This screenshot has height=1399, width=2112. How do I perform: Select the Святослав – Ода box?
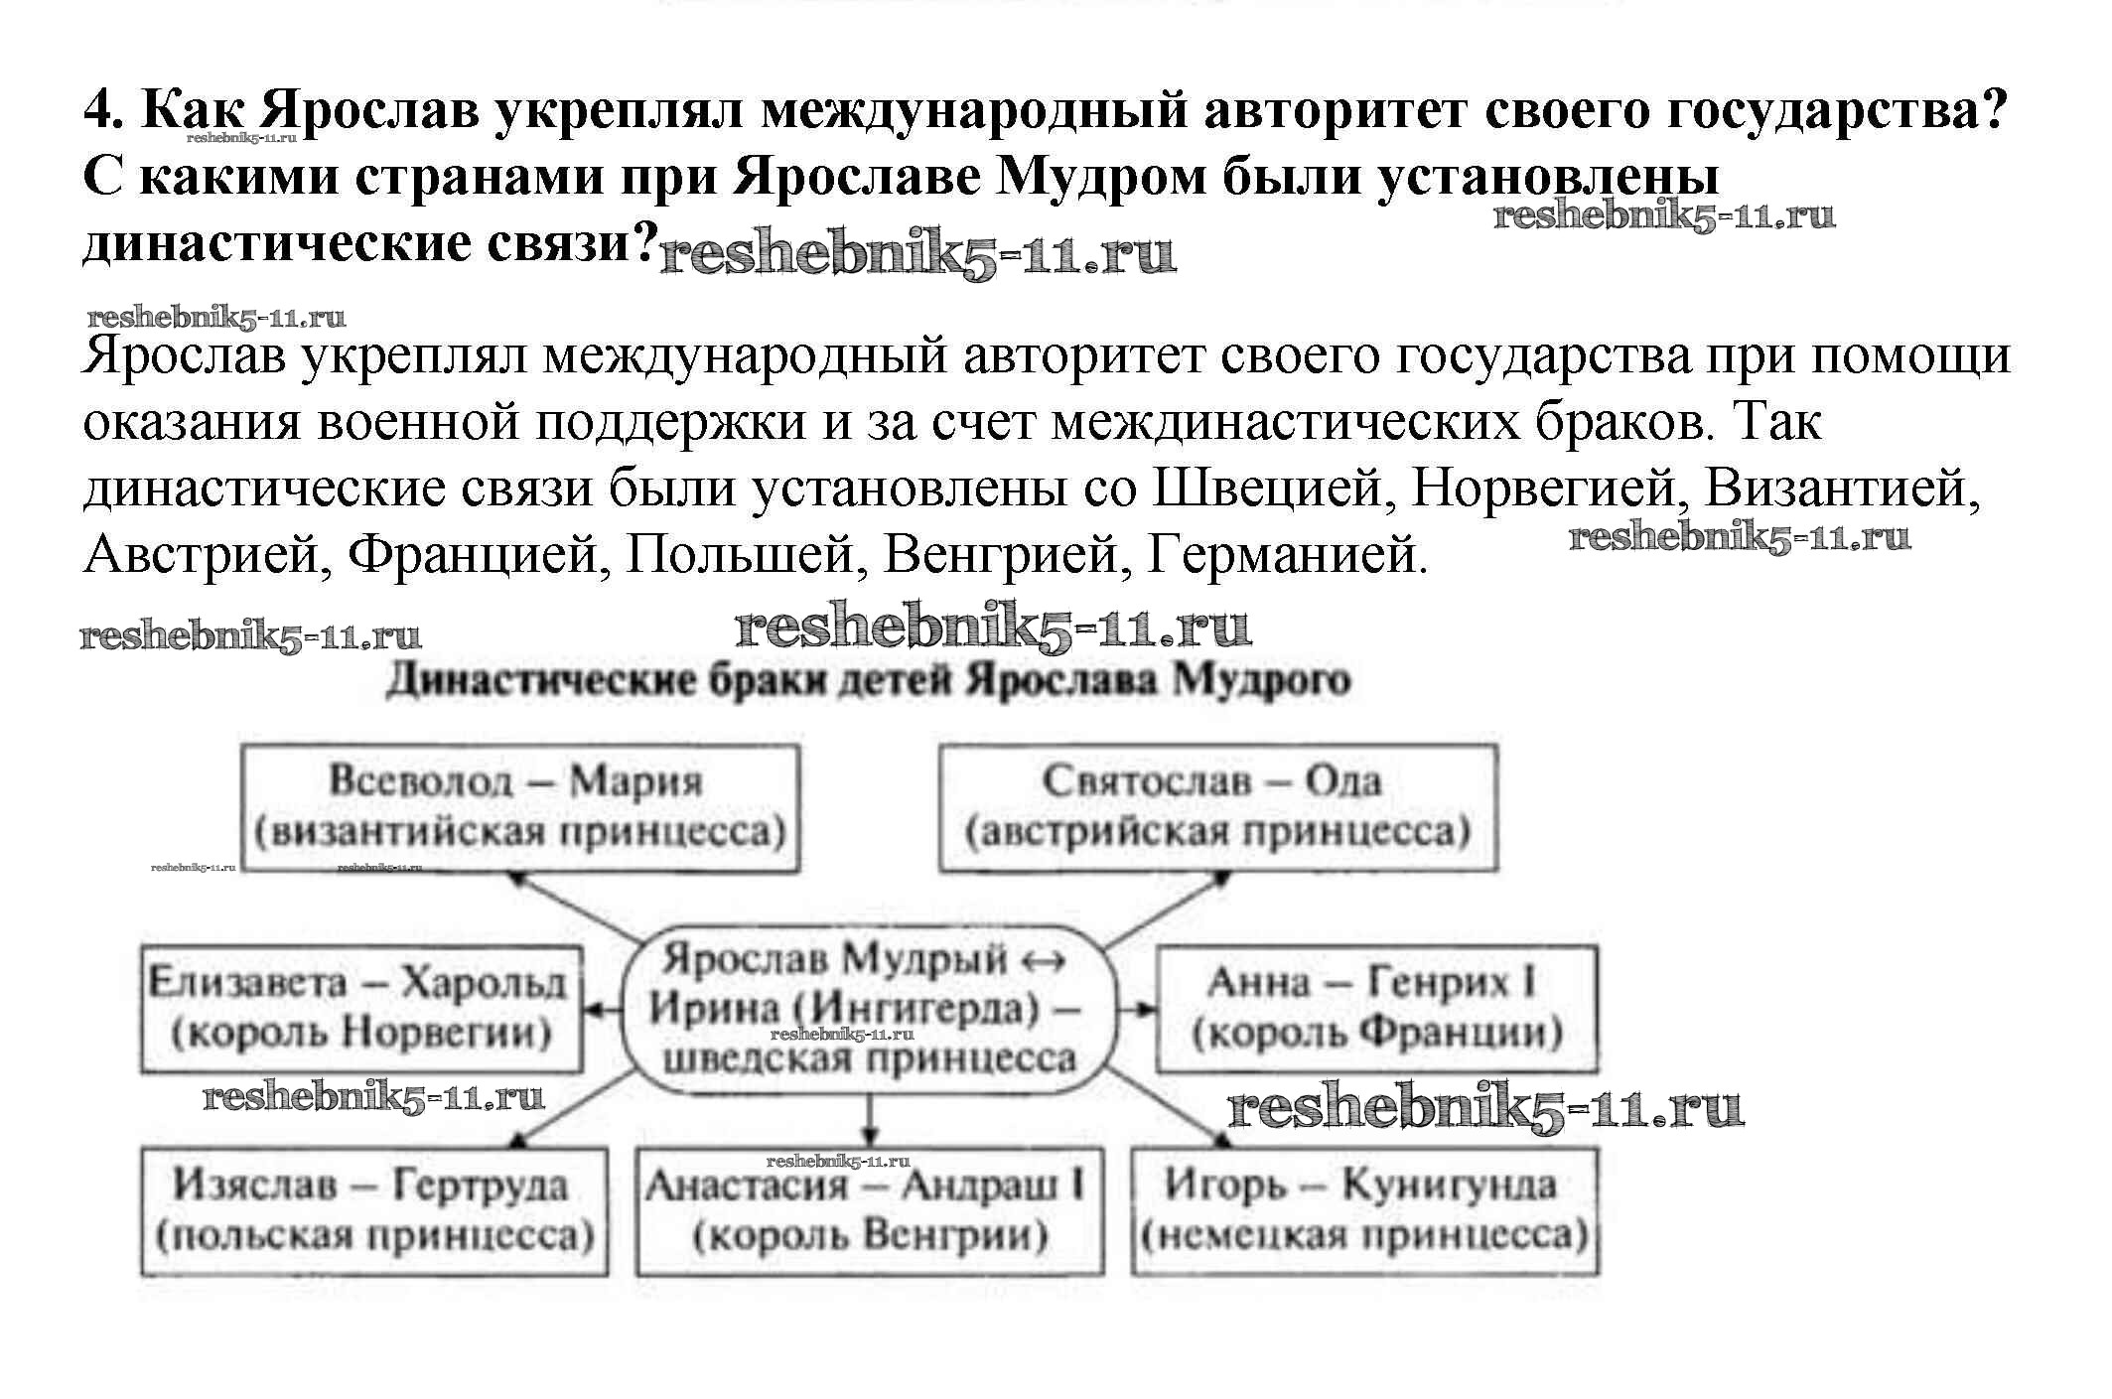[1217, 808]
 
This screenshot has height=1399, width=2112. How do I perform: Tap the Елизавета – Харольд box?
[360, 1008]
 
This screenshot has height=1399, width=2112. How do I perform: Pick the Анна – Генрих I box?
[1376, 1008]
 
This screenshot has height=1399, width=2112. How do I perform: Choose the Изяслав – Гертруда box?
[373, 1210]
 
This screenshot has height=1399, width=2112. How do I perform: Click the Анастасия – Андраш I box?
[869, 1210]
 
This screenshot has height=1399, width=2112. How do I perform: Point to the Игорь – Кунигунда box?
[1364, 1210]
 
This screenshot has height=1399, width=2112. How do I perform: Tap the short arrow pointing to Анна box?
[1137, 1010]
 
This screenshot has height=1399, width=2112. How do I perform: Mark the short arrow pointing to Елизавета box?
[602, 1010]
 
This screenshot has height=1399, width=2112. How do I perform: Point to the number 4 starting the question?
[96, 110]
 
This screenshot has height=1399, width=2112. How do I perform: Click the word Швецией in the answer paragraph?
[1267, 489]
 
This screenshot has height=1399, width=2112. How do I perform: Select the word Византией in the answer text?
[1841, 489]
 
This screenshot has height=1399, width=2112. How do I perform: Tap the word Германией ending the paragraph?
[1287, 555]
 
